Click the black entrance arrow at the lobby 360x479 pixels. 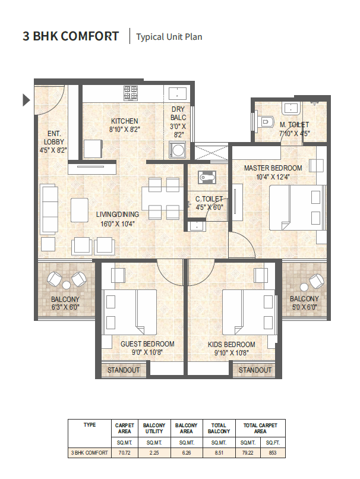click(x=26, y=100)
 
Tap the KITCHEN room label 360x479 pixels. click(x=124, y=121)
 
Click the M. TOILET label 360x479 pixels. click(x=293, y=124)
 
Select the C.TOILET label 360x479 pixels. click(x=209, y=199)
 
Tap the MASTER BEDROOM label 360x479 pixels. click(x=273, y=168)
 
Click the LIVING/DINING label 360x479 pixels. click(x=118, y=215)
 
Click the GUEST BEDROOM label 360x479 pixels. click(x=147, y=344)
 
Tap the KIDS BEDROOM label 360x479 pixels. click(x=232, y=345)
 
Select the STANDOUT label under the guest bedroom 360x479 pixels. click(x=124, y=370)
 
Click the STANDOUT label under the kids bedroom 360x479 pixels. click(x=255, y=370)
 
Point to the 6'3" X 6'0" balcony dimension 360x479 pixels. click(x=65, y=307)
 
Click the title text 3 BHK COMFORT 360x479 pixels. click(x=71, y=36)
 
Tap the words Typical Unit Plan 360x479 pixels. click(x=169, y=37)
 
